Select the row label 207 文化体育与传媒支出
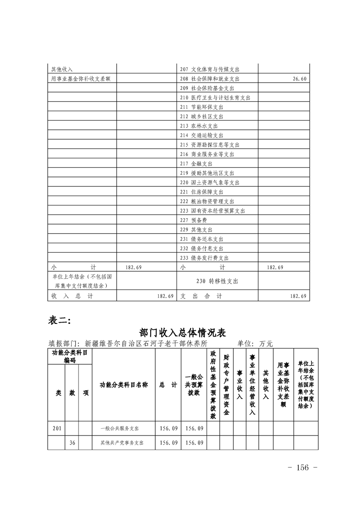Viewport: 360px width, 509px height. tap(209, 69)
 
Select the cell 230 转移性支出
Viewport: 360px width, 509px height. tap(217, 281)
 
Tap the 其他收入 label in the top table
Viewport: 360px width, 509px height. tap(62, 69)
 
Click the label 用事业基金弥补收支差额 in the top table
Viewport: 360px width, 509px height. tap(81, 79)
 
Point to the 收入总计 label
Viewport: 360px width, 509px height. tap(72, 296)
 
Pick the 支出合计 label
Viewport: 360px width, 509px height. tap(202, 296)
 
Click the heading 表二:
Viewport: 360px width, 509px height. tap(59, 321)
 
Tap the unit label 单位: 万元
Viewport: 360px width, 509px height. tap(254, 343)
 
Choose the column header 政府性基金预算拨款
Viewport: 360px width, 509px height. tap(213, 384)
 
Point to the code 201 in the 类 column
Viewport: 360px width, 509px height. tap(57, 428)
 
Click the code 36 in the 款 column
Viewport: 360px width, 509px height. tap(72, 442)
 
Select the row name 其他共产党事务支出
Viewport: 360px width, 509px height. tap(122, 442)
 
